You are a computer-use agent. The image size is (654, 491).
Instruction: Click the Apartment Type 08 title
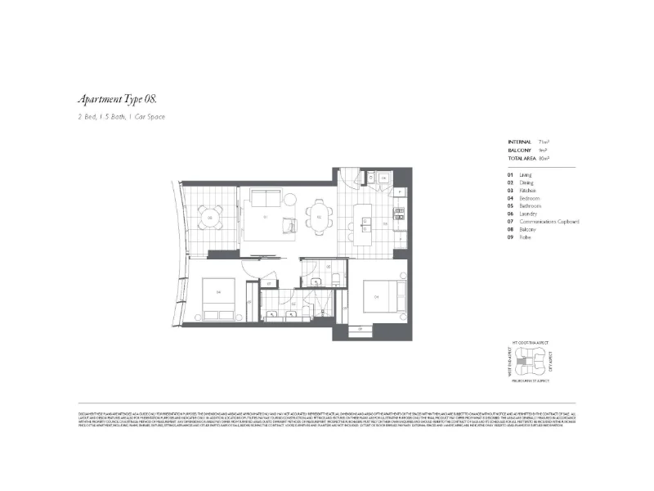116,99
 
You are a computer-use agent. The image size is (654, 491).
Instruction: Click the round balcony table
211,218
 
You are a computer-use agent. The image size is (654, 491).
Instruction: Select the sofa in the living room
266,199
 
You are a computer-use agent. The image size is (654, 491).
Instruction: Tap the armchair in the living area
290,226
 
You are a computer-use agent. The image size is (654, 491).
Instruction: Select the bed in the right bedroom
381,295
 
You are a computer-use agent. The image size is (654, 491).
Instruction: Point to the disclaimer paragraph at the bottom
327,417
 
